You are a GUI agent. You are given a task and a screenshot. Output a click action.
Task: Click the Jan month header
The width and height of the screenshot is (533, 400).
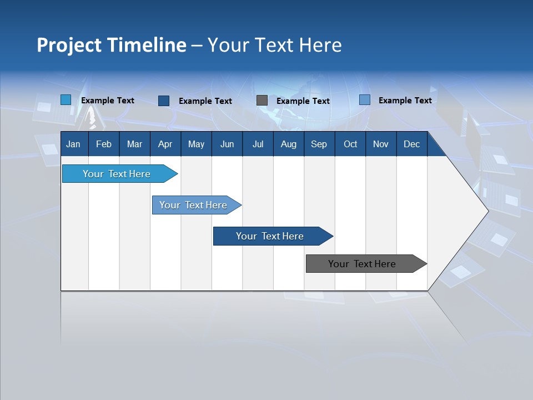[73, 144]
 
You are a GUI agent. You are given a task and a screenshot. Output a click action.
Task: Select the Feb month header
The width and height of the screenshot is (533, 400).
[104, 144]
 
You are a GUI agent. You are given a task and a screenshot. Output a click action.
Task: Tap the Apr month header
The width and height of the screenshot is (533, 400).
[165, 144]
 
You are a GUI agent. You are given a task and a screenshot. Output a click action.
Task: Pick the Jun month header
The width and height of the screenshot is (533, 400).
[227, 144]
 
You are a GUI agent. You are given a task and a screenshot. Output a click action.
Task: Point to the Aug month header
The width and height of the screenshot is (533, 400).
[288, 144]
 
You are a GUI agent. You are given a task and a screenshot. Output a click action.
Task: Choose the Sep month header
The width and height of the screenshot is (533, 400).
[319, 144]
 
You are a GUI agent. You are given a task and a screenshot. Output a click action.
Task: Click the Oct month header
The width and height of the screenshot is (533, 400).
[350, 144]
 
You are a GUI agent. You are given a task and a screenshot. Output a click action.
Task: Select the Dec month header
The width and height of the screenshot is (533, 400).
[411, 144]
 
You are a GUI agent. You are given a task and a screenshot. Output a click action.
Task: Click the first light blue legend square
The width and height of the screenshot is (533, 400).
[66, 100]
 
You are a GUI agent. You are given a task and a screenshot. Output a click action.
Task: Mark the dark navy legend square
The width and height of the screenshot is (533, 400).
[164, 101]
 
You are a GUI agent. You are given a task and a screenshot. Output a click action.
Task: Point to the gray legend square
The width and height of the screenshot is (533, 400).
[262, 101]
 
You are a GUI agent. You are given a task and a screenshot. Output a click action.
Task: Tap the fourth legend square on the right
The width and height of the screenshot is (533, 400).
[365, 100]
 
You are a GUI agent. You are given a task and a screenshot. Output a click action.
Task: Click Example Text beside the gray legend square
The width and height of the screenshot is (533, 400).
[303, 101]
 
